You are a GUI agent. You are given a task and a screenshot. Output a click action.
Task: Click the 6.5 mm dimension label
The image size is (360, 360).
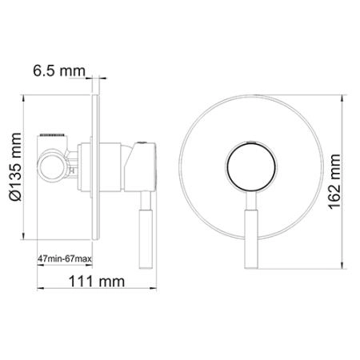tap(58, 72)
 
